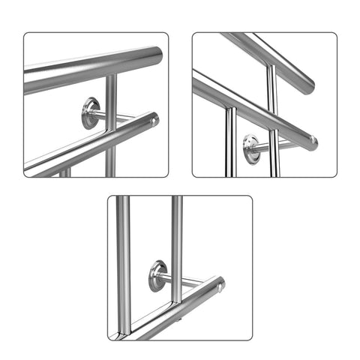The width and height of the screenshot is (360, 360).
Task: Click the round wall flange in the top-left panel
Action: [x=91, y=113]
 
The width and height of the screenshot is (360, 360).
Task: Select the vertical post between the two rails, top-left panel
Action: [x=111, y=94]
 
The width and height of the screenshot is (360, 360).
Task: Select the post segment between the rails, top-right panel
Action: [x=273, y=94]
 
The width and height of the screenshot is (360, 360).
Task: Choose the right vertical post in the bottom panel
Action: [x=177, y=240]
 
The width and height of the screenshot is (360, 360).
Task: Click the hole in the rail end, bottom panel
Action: [x=219, y=287]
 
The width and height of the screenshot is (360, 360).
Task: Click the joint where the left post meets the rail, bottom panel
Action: [x=124, y=328]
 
